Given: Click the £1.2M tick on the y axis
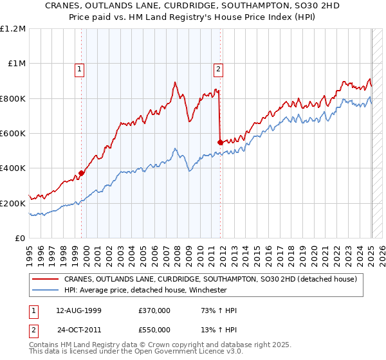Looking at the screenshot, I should (x=13, y=29).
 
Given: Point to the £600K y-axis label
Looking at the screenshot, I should (x=13, y=134).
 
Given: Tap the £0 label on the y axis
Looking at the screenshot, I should (x=21, y=239).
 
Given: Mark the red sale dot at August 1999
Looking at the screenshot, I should (x=82, y=173).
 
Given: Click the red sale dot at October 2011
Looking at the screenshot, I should (x=221, y=141).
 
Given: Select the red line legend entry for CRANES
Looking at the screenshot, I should (x=214, y=279).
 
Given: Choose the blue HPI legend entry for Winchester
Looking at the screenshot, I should (x=146, y=290).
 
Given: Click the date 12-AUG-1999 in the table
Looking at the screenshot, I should (x=78, y=310).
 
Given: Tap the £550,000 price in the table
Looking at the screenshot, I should (x=154, y=330).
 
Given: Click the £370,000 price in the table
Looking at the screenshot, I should (x=154, y=310).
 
